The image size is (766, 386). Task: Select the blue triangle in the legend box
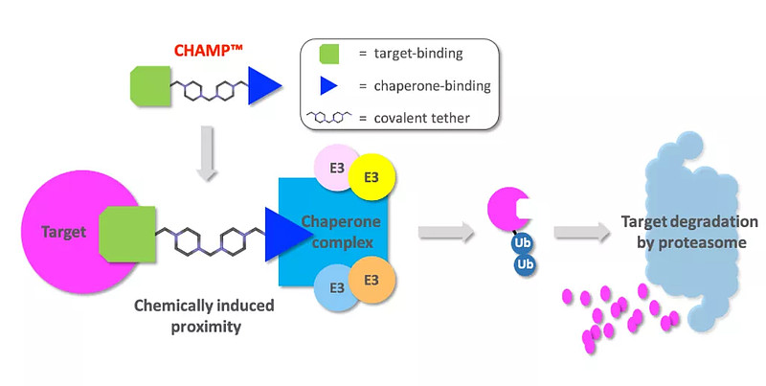point(326,86)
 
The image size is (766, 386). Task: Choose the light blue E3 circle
point(336,287)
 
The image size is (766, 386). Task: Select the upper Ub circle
point(522,243)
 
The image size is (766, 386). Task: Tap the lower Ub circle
point(524,263)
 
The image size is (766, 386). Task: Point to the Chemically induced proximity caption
point(205,315)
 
